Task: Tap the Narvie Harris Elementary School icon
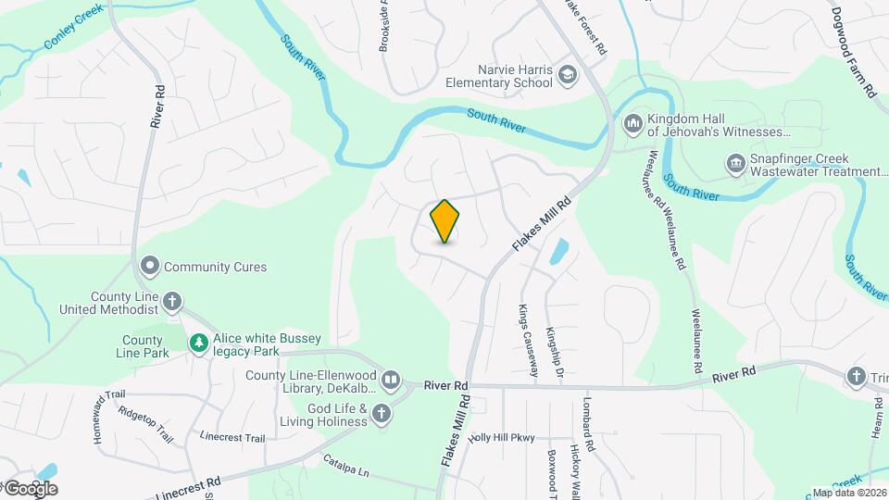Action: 568,76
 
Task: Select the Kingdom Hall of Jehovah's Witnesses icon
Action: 633,123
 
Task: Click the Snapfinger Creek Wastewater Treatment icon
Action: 735,164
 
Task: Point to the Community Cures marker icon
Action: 149,267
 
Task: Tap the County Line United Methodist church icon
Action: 172,301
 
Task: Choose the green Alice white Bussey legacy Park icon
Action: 198,344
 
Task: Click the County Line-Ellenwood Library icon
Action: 392,381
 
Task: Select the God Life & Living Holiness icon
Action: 381,416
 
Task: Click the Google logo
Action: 30,488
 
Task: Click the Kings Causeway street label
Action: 528,341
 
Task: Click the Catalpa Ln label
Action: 346,466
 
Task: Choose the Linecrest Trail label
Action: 232,437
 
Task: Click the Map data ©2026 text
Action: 848,493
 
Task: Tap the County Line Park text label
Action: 142,347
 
